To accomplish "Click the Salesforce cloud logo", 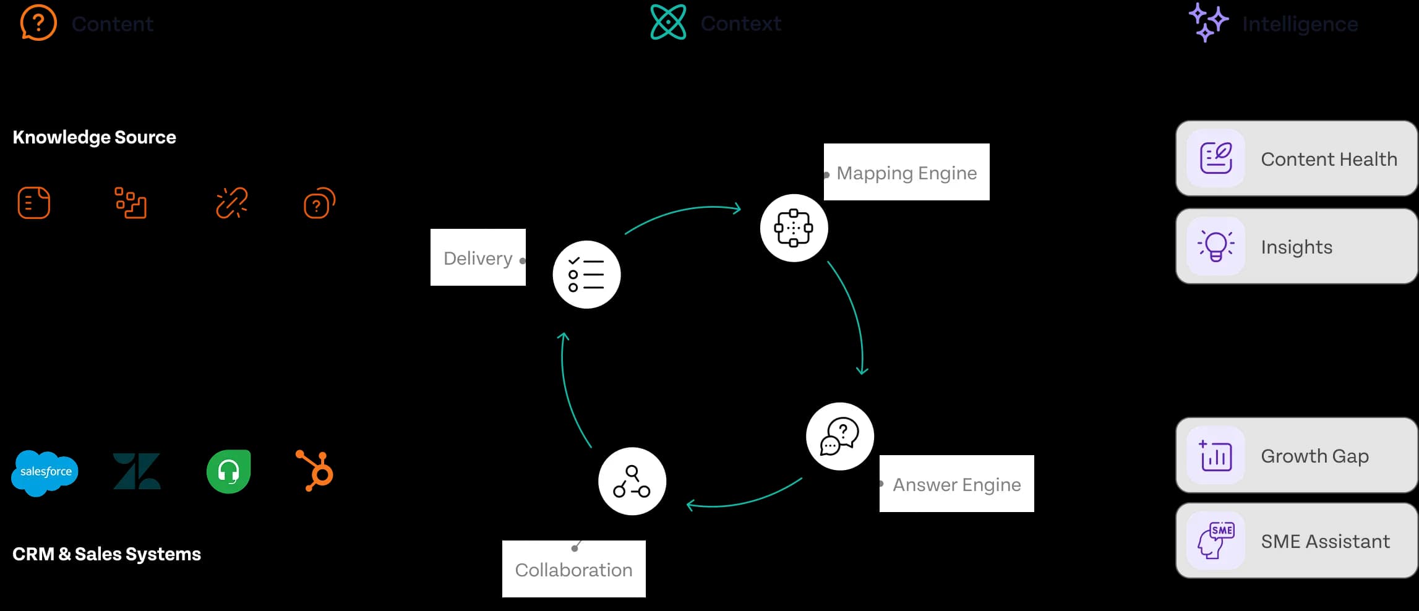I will tap(45, 472).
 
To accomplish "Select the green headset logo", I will tap(228, 471).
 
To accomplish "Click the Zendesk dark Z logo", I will tap(137, 471).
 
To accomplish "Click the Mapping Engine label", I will tap(906, 173).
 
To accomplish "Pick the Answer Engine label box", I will tap(956, 484).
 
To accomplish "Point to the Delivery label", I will tap(478, 258).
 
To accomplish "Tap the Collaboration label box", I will tap(573, 570).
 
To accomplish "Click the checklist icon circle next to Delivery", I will tap(586, 275).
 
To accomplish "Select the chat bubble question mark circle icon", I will tap(840, 437).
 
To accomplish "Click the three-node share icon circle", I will tap(632, 482).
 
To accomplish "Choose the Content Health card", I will tap(1297, 159).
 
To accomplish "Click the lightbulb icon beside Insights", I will tap(1216, 246).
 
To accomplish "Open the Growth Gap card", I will tap(1297, 456).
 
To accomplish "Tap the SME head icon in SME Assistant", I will tap(1216, 540).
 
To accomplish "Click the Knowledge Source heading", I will tap(94, 137).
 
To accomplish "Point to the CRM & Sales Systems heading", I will tap(106, 554).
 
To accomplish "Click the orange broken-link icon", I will tap(231, 203).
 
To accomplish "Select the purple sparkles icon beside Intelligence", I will tap(1207, 22).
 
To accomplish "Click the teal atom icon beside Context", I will tap(668, 22).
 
